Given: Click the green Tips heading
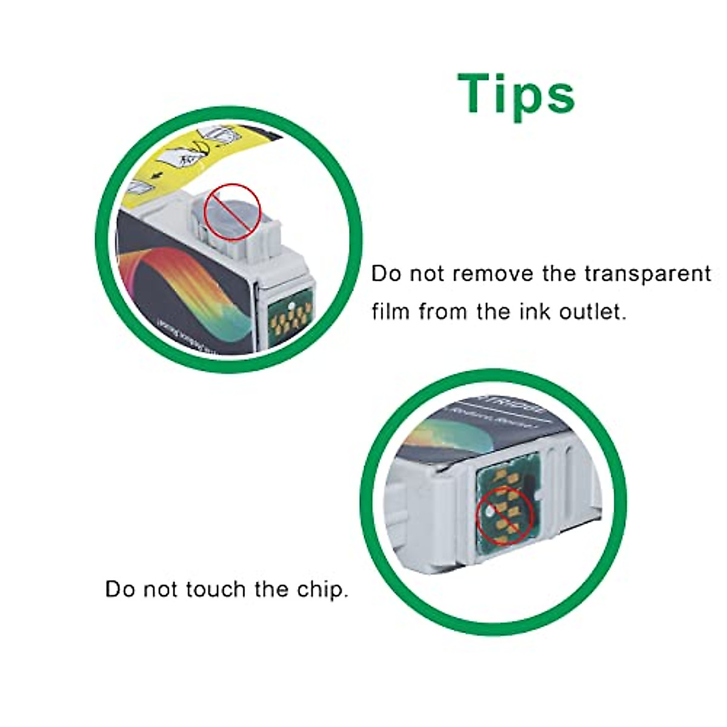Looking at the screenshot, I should click(x=516, y=95).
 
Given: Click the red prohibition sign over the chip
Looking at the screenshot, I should click(x=505, y=514).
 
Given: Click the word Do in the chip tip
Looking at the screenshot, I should click(x=120, y=589).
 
